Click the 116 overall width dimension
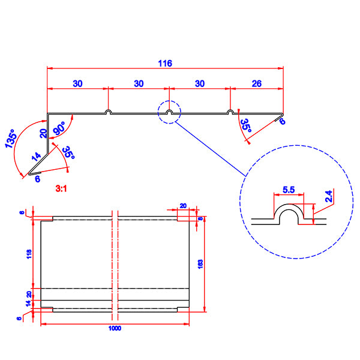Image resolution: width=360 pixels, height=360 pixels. click(165, 64)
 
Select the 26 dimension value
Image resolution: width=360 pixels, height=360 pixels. click(256, 83)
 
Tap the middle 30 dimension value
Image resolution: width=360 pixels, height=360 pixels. click(139, 83)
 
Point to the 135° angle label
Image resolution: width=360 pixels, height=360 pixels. click(11, 139)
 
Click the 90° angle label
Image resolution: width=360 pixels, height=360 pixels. click(59, 128)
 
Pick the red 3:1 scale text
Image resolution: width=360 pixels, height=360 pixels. click(61, 189)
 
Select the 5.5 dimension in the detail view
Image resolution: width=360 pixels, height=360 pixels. click(289, 190)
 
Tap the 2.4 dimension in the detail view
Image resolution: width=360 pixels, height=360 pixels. click(329, 196)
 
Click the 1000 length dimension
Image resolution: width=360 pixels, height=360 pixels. click(115, 328)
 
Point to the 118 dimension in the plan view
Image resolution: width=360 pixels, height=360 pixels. click(29, 254)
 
